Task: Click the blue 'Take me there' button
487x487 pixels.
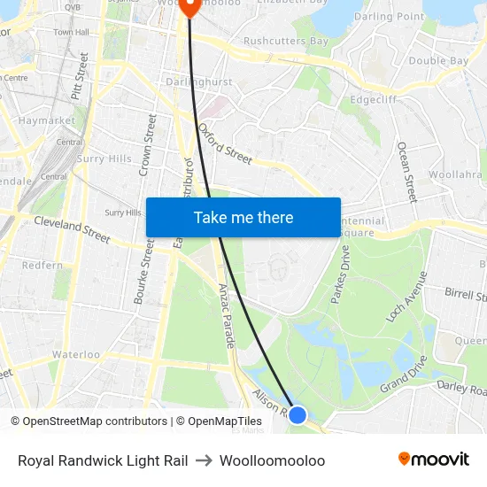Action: tap(243, 217)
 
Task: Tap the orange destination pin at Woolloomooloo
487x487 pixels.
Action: tap(190, 7)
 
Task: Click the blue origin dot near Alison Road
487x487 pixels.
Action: tap(298, 414)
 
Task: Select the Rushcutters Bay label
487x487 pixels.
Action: tap(285, 41)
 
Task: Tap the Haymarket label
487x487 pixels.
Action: tap(46, 120)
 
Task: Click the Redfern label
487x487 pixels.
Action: tap(43, 265)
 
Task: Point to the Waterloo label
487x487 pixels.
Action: tap(76, 354)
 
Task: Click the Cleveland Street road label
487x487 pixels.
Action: tap(72, 229)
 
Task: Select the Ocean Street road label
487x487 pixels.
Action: tap(406, 171)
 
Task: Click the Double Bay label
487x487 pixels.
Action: tap(438, 60)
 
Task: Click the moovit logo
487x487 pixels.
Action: tap(434, 460)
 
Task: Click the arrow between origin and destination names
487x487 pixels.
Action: tap(204, 460)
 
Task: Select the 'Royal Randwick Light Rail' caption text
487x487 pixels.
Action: tap(103, 460)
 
